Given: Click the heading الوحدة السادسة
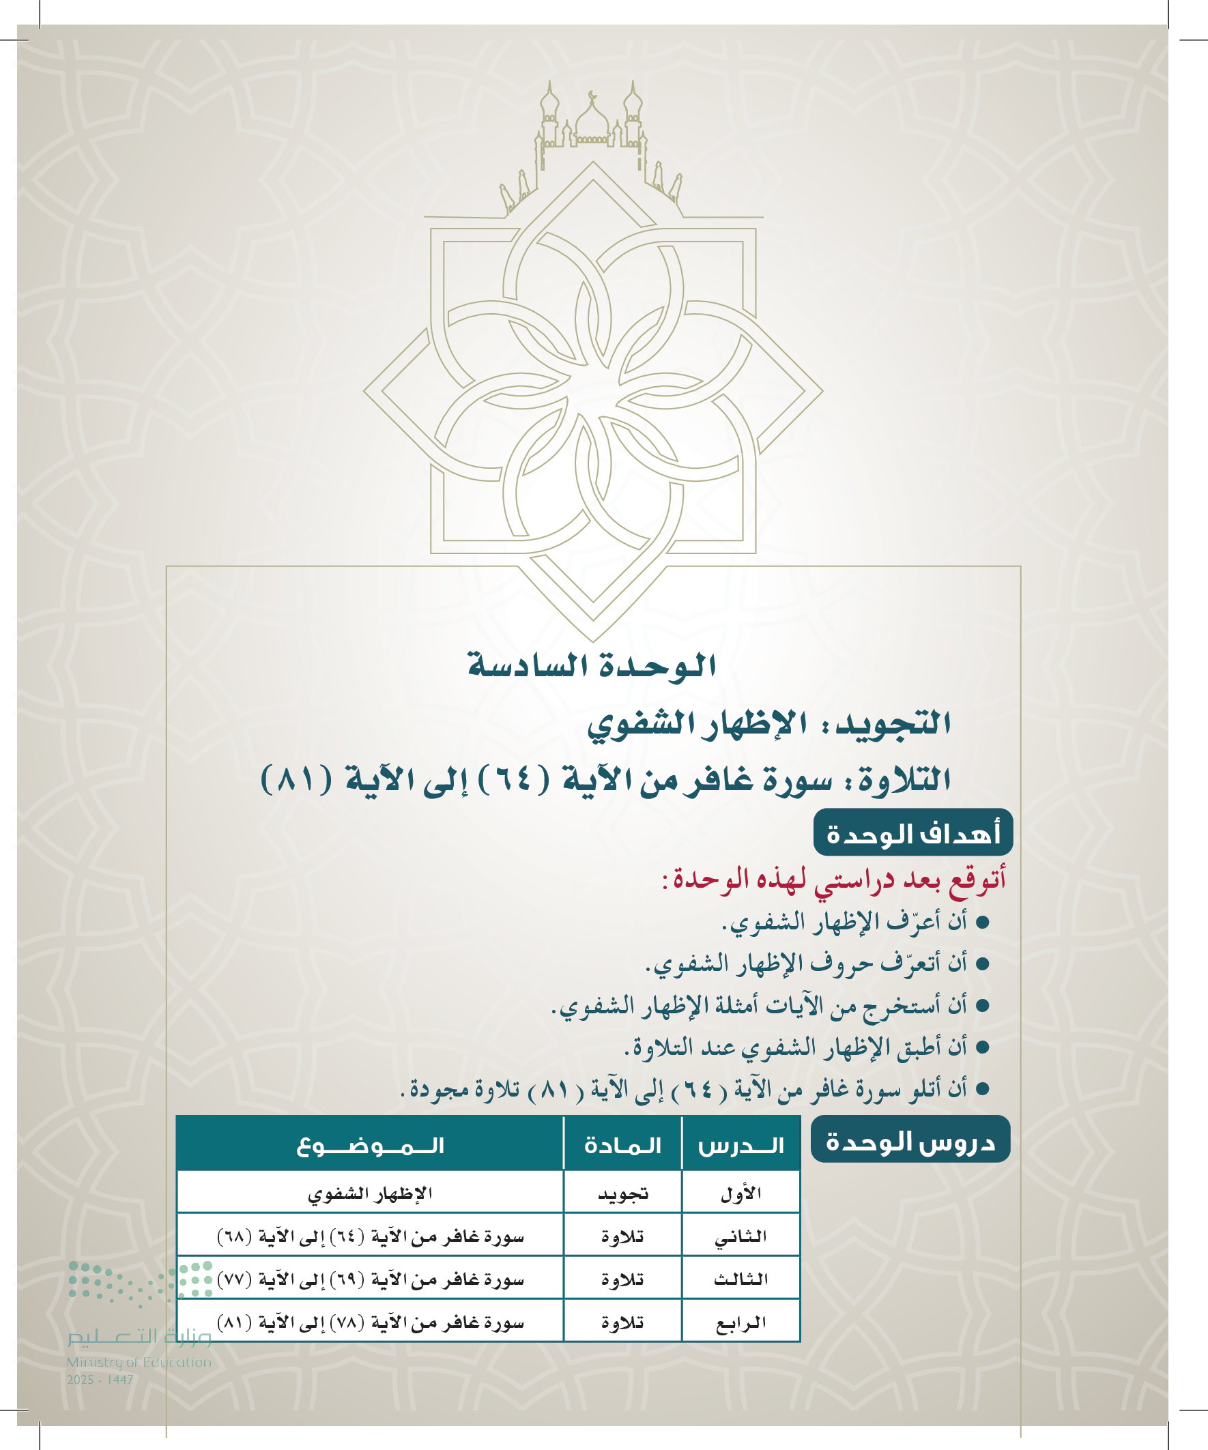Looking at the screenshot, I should pyautogui.click(x=591, y=665).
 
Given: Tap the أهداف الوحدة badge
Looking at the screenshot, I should pyautogui.click(x=912, y=834).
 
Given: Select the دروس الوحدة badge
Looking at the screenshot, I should pyautogui.click(x=910, y=1142).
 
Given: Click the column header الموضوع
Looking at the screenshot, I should pyautogui.click(x=370, y=1146).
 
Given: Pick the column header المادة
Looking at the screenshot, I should pyautogui.click(x=622, y=1146).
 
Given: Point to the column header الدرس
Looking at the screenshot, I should pyautogui.click(x=740, y=1146).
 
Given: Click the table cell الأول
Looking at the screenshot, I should pyautogui.click(x=740, y=1194).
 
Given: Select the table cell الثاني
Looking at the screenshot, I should pyautogui.click(x=740, y=1236).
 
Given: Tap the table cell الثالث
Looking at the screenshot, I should pyautogui.click(x=740, y=1279).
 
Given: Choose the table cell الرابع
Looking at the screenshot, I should pyautogui.click(x=740, y=1323).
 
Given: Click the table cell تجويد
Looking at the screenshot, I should pyautogui.click(x=622, y=1194).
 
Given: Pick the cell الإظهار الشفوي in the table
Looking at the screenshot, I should pyautogui.click(x=370, y=1194).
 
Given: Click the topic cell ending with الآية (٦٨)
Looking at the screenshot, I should pyautogui.click(x=370, y=1236).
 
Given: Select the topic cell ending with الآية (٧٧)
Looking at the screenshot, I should pyautogui.click(x=370, y=1279).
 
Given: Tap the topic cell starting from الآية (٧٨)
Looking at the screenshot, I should pyautogui.click(x=370, y=1323).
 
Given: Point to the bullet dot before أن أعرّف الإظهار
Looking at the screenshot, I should pyautogui.click(x=983, y=923).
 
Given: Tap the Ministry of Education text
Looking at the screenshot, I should pyautogui.click(x=139, y=1362).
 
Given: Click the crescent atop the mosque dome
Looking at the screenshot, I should pyautogui.click(x=592, y=95).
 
